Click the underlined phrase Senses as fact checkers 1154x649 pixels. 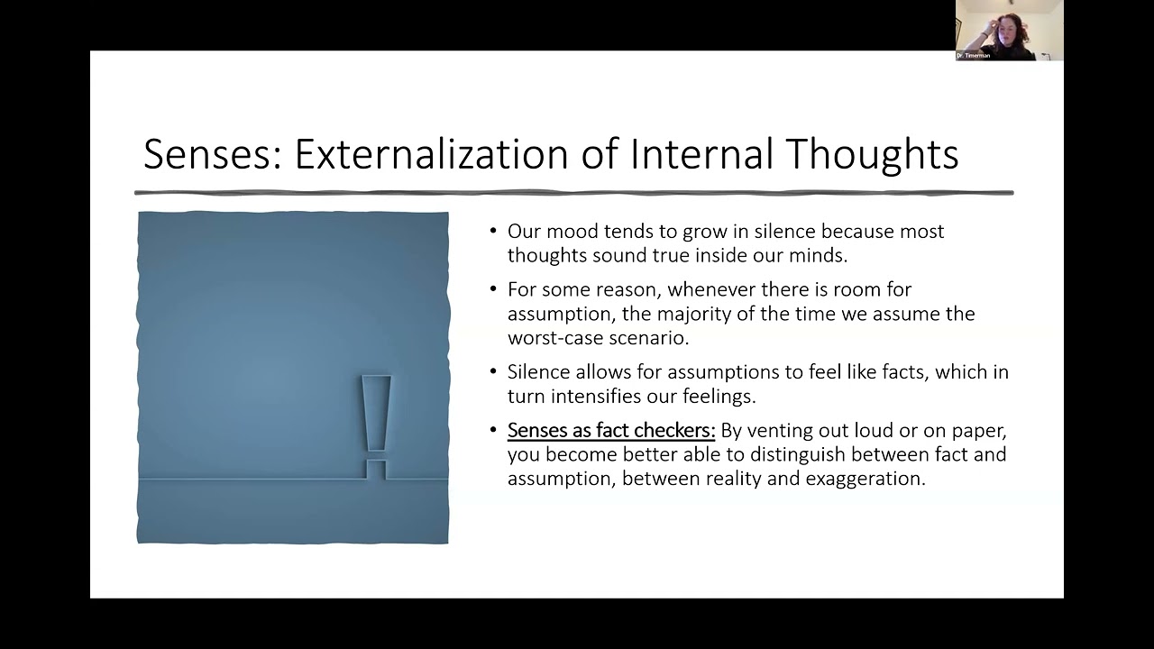click(x=610, y=431)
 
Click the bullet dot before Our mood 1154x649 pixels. click(x=493, y=232)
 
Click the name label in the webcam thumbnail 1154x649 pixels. click(x=974, y=56)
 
